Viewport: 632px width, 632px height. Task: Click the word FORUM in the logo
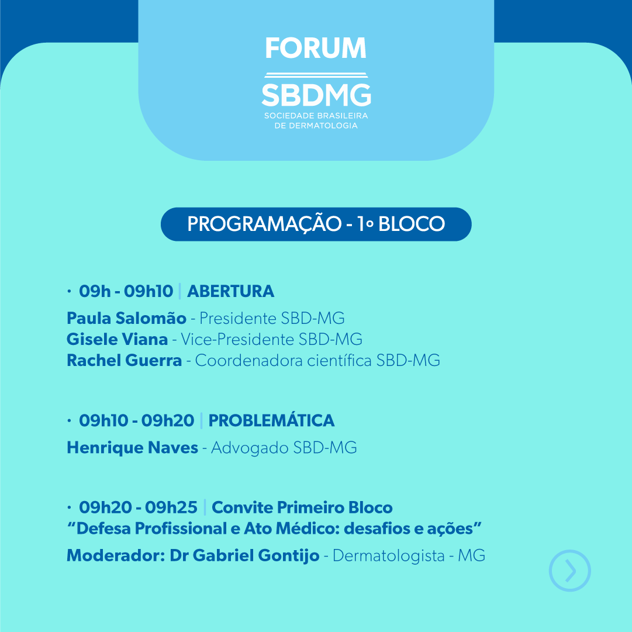(316, 48)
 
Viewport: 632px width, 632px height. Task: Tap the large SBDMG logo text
(316, 95)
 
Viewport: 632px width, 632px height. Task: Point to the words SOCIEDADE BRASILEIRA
(316, 116)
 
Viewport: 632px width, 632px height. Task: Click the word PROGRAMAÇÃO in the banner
(264, 224)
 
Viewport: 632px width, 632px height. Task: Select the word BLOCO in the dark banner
(412, 224)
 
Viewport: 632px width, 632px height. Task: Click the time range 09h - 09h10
(126, 291)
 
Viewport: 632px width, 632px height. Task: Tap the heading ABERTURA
(230, 291)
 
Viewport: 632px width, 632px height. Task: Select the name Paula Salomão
(126, 318)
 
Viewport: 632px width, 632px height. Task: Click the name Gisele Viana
(117, 339)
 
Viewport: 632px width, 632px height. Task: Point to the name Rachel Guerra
(124, 360)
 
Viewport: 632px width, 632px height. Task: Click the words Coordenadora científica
(283, 360)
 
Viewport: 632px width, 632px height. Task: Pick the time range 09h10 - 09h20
(136, 420)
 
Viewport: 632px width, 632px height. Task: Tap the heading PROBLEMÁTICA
(271, 420)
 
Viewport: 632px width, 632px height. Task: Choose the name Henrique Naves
(132, 448)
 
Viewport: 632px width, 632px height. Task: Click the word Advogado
(250, 448)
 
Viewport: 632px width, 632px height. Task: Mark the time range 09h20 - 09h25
(138, 507)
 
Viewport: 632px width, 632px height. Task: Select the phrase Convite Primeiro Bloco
(302, 507)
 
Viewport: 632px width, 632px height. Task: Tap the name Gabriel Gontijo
(256, 555)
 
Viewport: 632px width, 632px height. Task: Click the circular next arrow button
(570, 551)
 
